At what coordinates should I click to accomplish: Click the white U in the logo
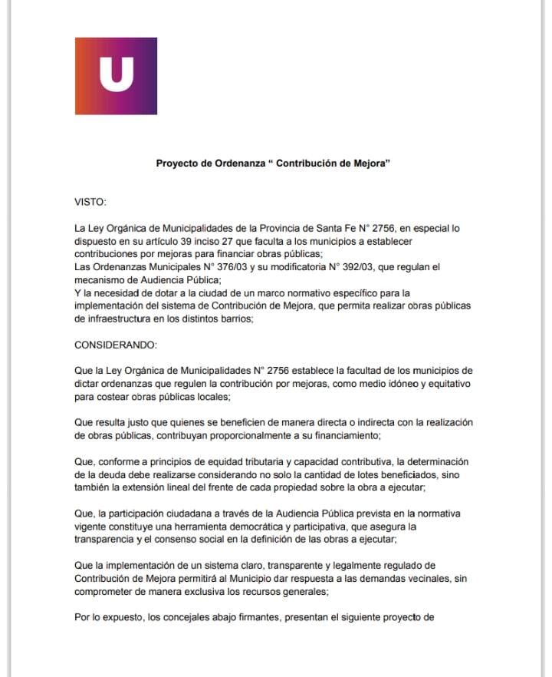click(x=117, y=75)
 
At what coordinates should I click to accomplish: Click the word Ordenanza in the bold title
click(x=240, y=163)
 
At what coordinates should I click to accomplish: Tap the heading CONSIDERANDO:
click(x=115, y=346)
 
